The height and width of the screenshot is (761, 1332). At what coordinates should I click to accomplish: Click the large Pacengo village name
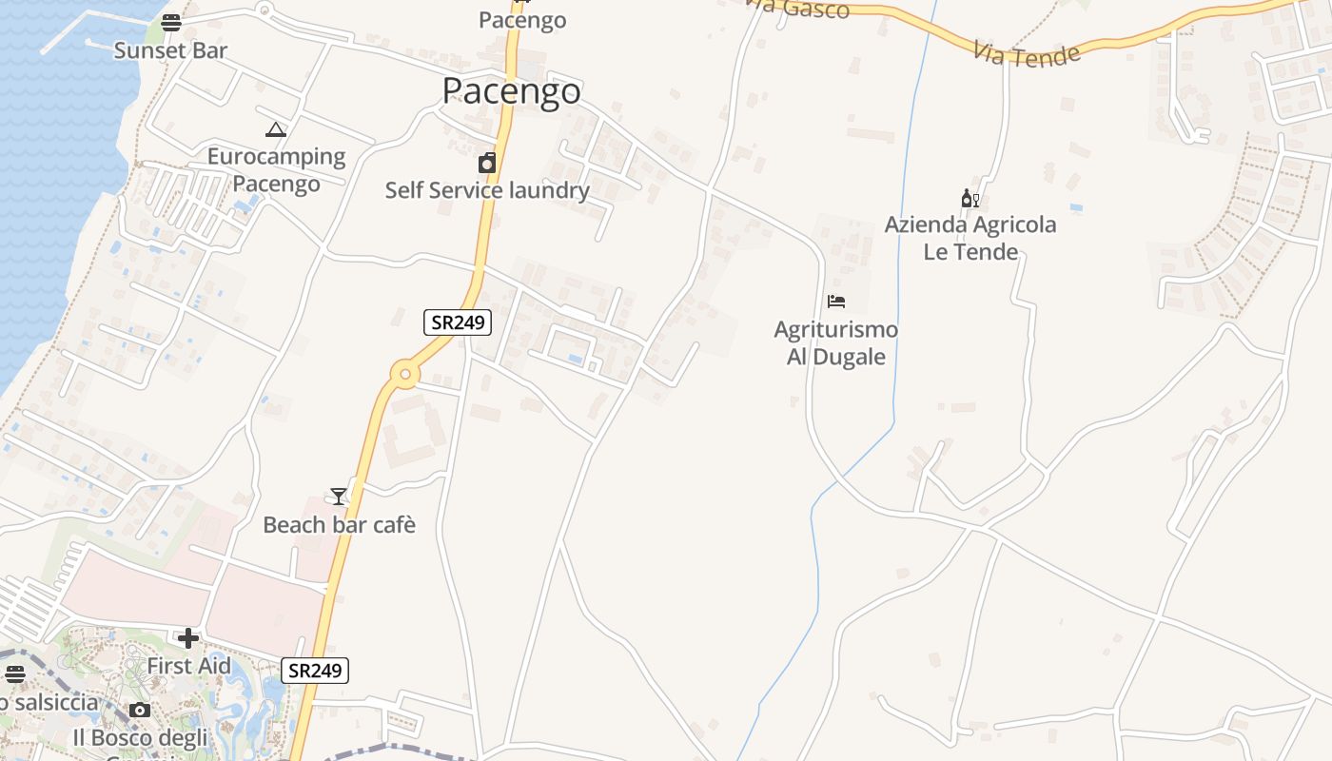click(512, 91)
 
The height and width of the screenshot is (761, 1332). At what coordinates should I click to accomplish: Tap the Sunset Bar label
click(170, 50)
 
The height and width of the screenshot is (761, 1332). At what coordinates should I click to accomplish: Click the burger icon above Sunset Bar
click(171, 23)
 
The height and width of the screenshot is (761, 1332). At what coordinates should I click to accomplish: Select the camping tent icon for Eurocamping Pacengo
click(276, 129)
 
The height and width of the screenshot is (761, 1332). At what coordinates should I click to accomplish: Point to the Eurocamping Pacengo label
click(276, 169)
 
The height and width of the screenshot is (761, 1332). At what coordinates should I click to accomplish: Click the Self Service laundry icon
click(487, 163)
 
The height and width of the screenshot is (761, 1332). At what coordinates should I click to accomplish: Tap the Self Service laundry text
click(487, 190)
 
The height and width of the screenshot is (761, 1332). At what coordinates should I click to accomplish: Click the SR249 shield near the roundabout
click(458, 322)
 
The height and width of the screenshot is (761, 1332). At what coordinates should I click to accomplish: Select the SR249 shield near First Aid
click(315, 671)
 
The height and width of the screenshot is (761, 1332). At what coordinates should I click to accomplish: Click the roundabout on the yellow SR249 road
click(406, 375)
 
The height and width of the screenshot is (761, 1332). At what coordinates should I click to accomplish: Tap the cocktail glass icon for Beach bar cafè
click(339, 496)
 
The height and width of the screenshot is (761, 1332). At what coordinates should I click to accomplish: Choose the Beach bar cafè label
click(339, 525)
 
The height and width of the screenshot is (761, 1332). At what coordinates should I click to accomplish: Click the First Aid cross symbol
click(188, 637)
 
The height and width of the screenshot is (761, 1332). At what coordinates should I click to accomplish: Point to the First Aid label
click(188, 666)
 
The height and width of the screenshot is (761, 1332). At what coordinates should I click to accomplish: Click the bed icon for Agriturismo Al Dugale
click(836, 302)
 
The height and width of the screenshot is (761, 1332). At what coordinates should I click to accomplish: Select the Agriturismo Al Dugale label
click(835, 343)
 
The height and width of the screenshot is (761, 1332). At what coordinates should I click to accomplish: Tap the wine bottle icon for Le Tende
click(970, 198)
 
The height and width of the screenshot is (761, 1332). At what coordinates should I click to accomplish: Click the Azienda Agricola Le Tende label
click(970, 238)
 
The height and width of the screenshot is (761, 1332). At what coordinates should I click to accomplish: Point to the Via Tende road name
click(1028, 53)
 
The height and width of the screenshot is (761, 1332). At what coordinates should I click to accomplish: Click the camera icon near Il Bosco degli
click(140, 710)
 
